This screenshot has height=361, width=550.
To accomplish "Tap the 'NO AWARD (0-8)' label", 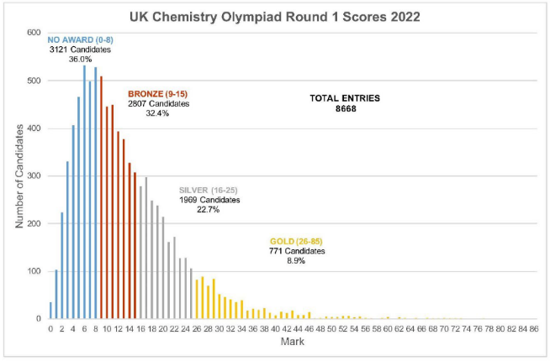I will click(x=80, y=39).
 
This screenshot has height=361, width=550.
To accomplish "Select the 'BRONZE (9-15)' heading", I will click(x=158, y=93).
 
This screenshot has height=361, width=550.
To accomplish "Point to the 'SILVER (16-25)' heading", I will click(x=209, y=191).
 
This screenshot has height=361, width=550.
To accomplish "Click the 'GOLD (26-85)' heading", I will click(x=294, y=241).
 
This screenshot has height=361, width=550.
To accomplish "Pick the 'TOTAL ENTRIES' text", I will click(x=345, y=98).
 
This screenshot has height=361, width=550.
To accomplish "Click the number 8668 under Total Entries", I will click(x=345, y=109).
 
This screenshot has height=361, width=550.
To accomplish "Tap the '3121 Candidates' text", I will click(x=80, y=50).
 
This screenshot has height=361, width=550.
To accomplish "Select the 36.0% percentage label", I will click(x=80, y=60).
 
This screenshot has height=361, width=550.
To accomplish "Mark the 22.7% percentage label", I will click(x=209, y=210).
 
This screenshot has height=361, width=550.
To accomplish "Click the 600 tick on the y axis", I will click(x=34, y=33).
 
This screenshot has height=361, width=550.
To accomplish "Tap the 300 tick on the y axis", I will click(x=34, y=176).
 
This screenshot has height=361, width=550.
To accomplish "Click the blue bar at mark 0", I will click(x=50, y=311).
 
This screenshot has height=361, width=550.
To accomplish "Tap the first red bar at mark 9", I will click(x=101, y=198).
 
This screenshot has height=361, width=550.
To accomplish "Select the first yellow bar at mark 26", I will click(x=197, y=300).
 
